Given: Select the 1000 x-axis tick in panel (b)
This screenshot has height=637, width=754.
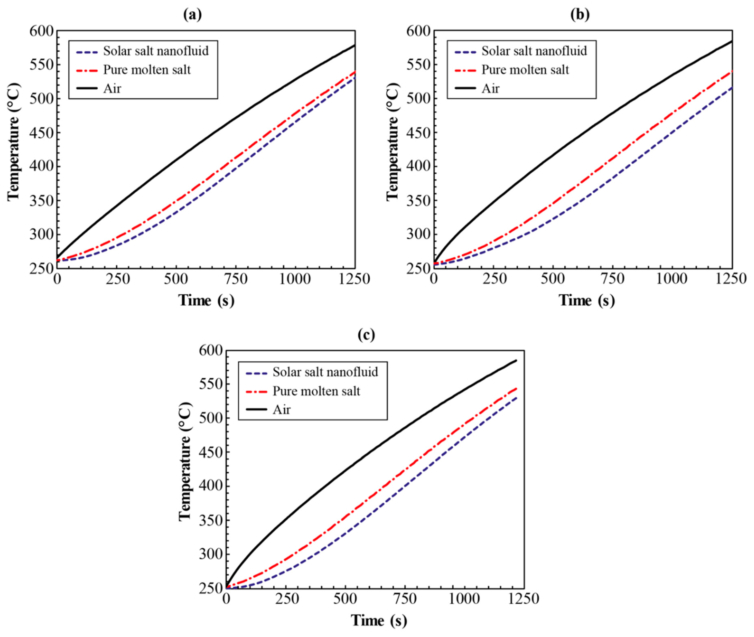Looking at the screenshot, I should pos(671,279).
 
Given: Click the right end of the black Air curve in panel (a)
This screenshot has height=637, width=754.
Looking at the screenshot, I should pos(355,45).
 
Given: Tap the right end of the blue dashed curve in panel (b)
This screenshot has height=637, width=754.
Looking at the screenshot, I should pos(732,87).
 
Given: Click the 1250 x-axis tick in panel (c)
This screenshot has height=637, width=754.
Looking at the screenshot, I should pos(524,599).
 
